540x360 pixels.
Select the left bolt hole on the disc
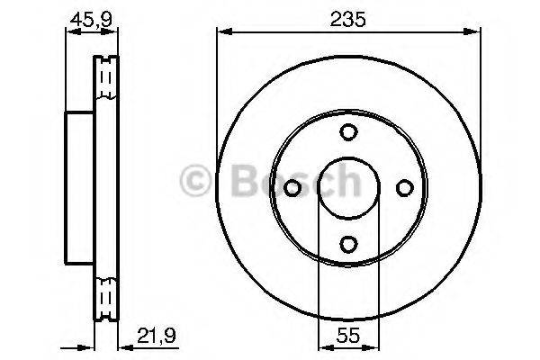(293, 187)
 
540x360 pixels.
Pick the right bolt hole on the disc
(403, 187)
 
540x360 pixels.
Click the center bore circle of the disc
(348, 187)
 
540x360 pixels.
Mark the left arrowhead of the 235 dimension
(221, 31)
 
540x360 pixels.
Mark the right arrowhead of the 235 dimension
(474, 31)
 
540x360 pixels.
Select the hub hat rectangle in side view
(80, 186)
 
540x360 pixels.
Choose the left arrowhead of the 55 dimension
(322, 346)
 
